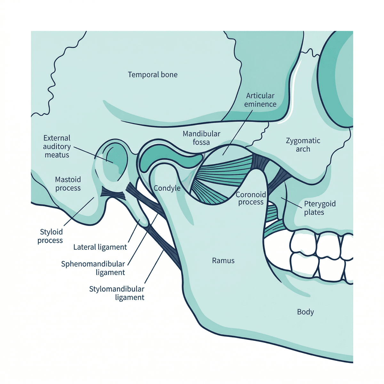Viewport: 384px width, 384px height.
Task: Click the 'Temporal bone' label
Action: pyautogui.click(x=153, y=75)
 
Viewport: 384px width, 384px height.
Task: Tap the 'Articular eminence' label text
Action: pyautogui.click(x=260, y=100)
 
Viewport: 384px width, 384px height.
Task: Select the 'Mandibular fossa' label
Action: pyautogui.click(x=201, y=138)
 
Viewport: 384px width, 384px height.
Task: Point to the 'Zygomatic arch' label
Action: pyautogui.click(x=303, y=145)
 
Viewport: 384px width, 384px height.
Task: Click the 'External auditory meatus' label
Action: pyautogui.click(x=57, y=147)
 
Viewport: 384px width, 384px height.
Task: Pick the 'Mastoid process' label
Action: pyautogui.click(x=68, y=184)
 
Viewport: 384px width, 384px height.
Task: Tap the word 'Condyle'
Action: pyautogui.click(x=167, y=188)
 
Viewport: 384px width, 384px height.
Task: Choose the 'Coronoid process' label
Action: pyautogui.click(x=251, y=198)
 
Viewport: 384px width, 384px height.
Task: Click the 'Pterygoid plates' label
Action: pyautogui.click(x=319, y=208)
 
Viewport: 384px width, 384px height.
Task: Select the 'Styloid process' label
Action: pyautogui.click(x=50, y=236)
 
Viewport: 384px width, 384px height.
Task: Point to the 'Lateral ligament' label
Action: pyautogui.click(x=100, y=247)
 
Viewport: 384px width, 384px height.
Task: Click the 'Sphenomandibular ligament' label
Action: pyautogui.click(x=93, y=268)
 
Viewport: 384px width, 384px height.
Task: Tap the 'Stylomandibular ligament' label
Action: pyautogui.click(x=117, y=293)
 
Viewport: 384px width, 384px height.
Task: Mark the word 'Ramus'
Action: pyautogui.click(x=223, y=261)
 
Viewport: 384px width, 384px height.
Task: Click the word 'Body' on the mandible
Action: pyautogui.click(x=305, y=312)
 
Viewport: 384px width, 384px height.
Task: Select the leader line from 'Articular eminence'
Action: pyautogui.click(x=238, y=131)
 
